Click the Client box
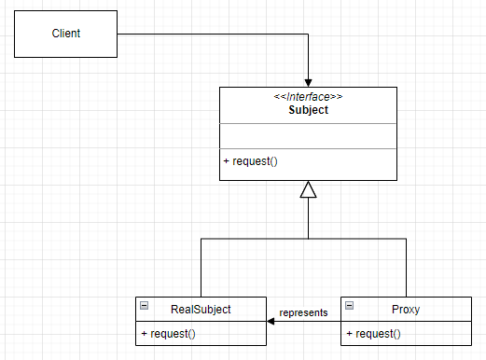(x=66, y=35)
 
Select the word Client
(x=66, y=34)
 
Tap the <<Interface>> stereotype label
(x=308, y=96)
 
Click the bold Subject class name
(x=308, y=109)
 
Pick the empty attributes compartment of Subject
(x=308, y=136)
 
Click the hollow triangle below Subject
(x=309, y=190)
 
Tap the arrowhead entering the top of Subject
(x=309, y=81)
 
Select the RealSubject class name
(x=201, y=308)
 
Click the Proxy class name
(x=406, y=308)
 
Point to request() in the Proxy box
(x=373, y=333)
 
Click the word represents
(x=304, y=312)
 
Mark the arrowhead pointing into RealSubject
(x=270, y=321)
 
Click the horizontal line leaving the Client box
(x=215, y=35)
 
